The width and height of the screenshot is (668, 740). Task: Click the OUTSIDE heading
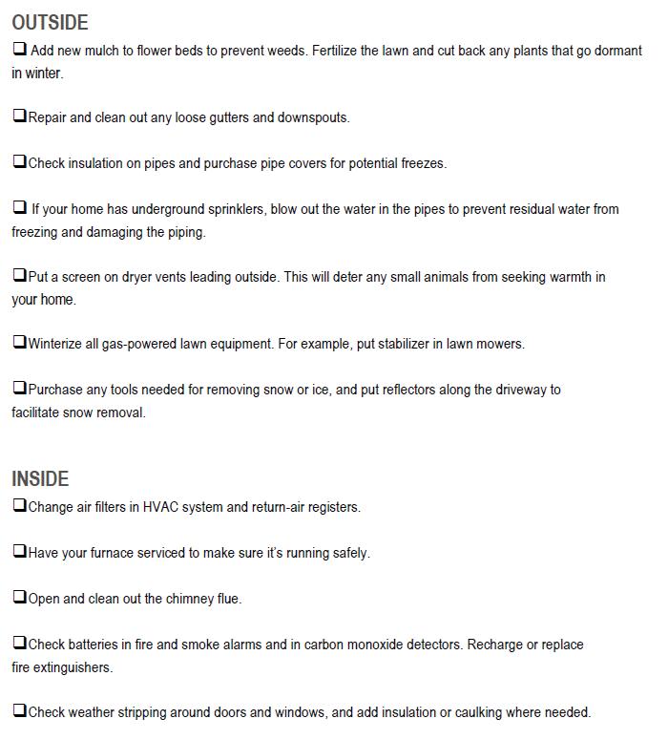[50, 23]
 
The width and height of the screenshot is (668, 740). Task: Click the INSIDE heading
[40, 479]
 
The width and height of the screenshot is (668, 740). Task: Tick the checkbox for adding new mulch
[20, 49]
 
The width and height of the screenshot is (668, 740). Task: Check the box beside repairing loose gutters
[20, 116]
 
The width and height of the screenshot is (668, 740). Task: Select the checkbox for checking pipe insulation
[20, 162]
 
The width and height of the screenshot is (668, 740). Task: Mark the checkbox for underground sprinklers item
[20, 207]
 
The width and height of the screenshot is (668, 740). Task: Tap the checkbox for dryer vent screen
[20, 276]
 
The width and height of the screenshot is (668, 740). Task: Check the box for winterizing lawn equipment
[20, 343]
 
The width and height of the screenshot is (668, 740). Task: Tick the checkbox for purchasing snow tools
[20, 389]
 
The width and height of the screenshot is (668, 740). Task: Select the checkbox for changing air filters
[20, 506]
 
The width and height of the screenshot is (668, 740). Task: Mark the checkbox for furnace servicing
[20, 552]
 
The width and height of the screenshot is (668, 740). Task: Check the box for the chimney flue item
[20, 598]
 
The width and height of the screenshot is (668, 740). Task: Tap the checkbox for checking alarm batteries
[20, 644]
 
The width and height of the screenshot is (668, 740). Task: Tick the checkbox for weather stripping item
[20, 711]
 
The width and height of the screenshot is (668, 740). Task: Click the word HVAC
[159, 507]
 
